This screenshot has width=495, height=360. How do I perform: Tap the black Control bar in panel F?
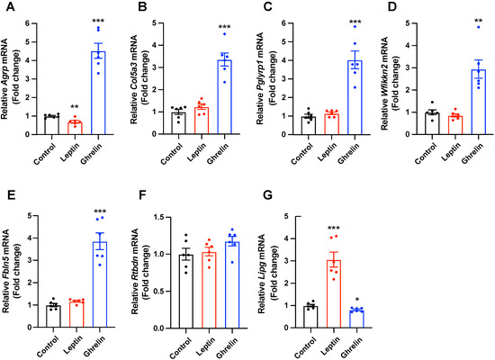click(x=185, y=290)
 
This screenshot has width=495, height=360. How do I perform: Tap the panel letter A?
click(x=8, y=8)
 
